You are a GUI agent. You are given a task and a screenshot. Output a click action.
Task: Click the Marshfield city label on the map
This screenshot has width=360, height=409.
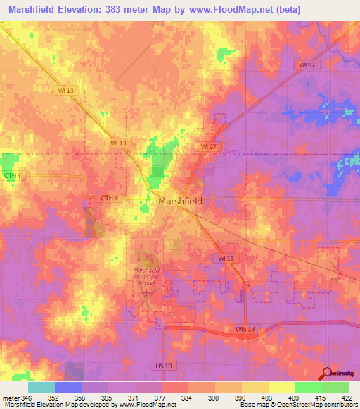(x=181, y=201)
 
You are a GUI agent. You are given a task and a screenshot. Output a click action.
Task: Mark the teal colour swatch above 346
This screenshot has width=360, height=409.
(x=41, y=387)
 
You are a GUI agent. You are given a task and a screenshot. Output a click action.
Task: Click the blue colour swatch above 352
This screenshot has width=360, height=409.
(x=68, y=387)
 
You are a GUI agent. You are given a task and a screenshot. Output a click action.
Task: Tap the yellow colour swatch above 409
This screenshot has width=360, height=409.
(x=282, y=387)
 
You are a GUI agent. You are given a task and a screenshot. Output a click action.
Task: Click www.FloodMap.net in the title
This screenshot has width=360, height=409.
(x=230, y=10)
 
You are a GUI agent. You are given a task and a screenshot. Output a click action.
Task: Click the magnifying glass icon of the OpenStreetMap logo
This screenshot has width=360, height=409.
(x=326, y=373)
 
